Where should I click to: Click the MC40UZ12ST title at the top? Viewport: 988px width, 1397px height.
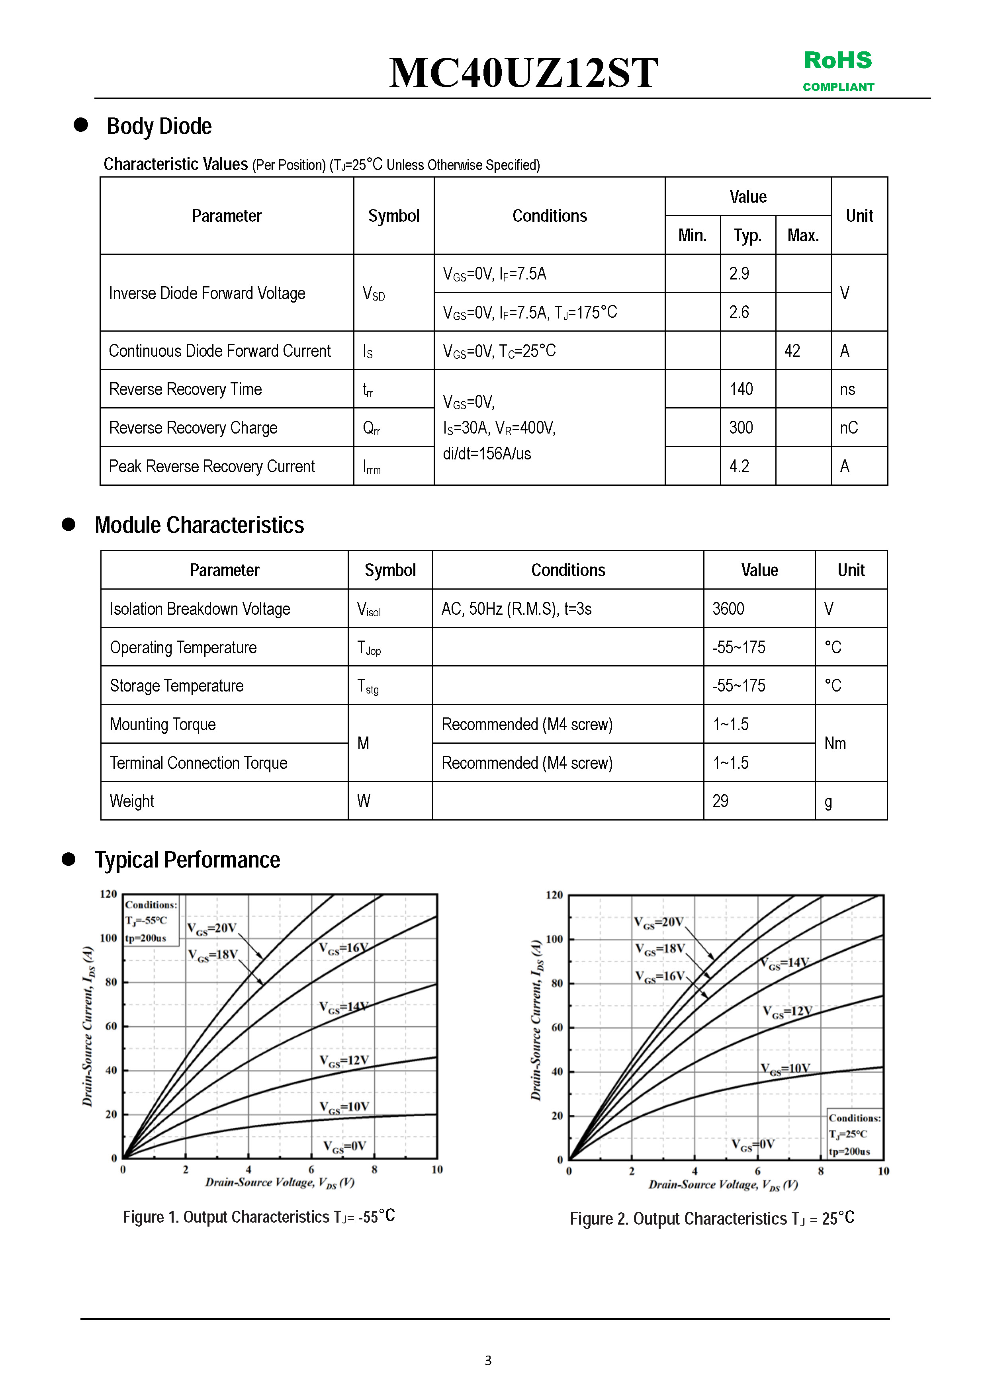coord(524,72)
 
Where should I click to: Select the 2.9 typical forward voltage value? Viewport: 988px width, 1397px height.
coord(739,274)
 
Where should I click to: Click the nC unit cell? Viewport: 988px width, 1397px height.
coord(849,428)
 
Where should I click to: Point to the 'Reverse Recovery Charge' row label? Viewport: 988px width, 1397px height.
coord(193,428)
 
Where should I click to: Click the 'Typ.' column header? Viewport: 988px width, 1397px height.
coord(747,235)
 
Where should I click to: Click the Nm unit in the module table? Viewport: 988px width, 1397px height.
coord(835,744)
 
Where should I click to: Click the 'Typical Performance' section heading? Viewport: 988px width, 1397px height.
coord(188,860)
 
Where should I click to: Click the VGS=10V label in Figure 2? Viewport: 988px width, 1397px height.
coord(785,1069)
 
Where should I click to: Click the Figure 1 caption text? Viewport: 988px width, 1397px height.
coord(259,1217)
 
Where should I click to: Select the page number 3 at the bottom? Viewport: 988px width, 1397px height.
coord(487,1360)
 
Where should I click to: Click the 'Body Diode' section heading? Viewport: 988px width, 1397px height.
coord(159,126)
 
